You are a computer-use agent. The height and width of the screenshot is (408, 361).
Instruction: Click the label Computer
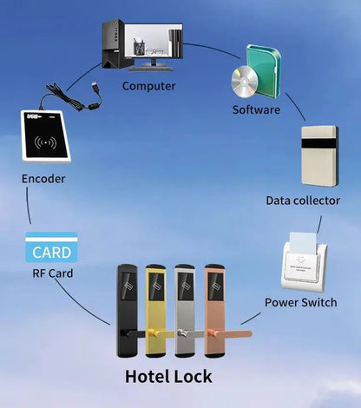click(149, 86)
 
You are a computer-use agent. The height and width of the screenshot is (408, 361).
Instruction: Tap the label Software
click(256, 109)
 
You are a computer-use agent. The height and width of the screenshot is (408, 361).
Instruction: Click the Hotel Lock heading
click(168, 377)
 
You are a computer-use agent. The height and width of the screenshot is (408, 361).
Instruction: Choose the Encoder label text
click(43, 179)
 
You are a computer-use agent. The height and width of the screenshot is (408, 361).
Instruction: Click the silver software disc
click(245, 82)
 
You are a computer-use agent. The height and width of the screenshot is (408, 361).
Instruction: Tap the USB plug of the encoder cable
click(95, 88)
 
